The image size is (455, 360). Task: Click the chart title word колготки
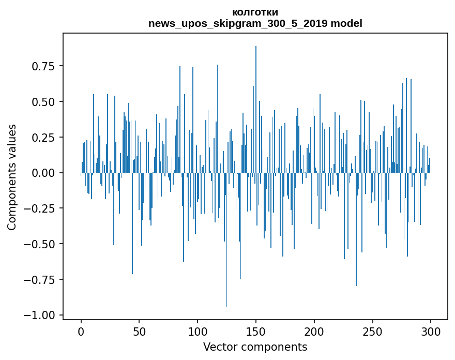pos(255,12)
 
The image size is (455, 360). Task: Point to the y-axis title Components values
pos(12,177)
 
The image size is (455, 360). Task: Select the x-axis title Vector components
pos(255,347)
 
